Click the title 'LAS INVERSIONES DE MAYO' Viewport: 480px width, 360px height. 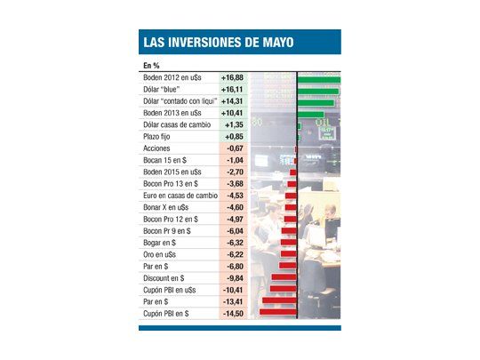(x=218, y=43)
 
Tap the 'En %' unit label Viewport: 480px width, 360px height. (x=150, y=66)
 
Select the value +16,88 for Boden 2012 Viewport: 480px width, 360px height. (x=234, y=79)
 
